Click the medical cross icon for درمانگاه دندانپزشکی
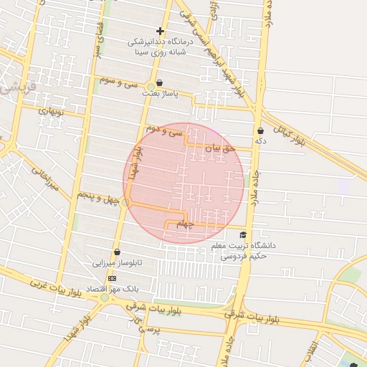tap(160, 31)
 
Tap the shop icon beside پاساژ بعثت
tap(159, 83)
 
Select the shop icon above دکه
tap(259, 131)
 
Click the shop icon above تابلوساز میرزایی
tap(117, 252)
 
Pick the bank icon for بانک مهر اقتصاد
tap(112, 278)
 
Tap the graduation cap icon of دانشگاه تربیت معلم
tap(243, 235)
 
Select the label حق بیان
tap(220, 149)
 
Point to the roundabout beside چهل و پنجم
tap(126, 203)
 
